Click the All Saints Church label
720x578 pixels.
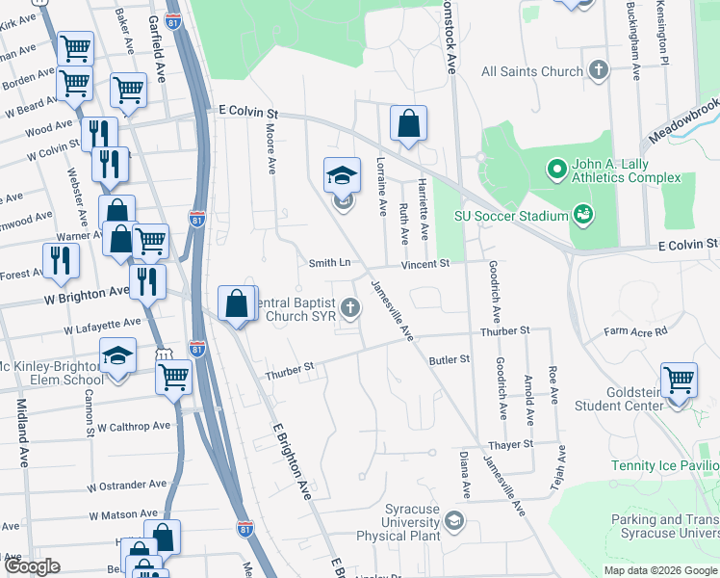532,71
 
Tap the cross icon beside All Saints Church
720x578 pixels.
600,70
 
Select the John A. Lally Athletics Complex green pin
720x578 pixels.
555,171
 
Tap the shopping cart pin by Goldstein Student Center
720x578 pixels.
679,380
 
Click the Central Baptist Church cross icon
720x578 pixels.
350,308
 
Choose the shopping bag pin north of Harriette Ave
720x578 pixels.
409,123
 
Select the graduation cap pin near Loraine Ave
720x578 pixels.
342,176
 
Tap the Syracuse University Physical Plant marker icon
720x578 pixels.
453,522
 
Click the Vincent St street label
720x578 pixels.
425,263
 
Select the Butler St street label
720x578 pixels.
450,359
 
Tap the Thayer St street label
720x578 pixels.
510,444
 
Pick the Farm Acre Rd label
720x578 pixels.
635,332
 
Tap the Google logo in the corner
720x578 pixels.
32,566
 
